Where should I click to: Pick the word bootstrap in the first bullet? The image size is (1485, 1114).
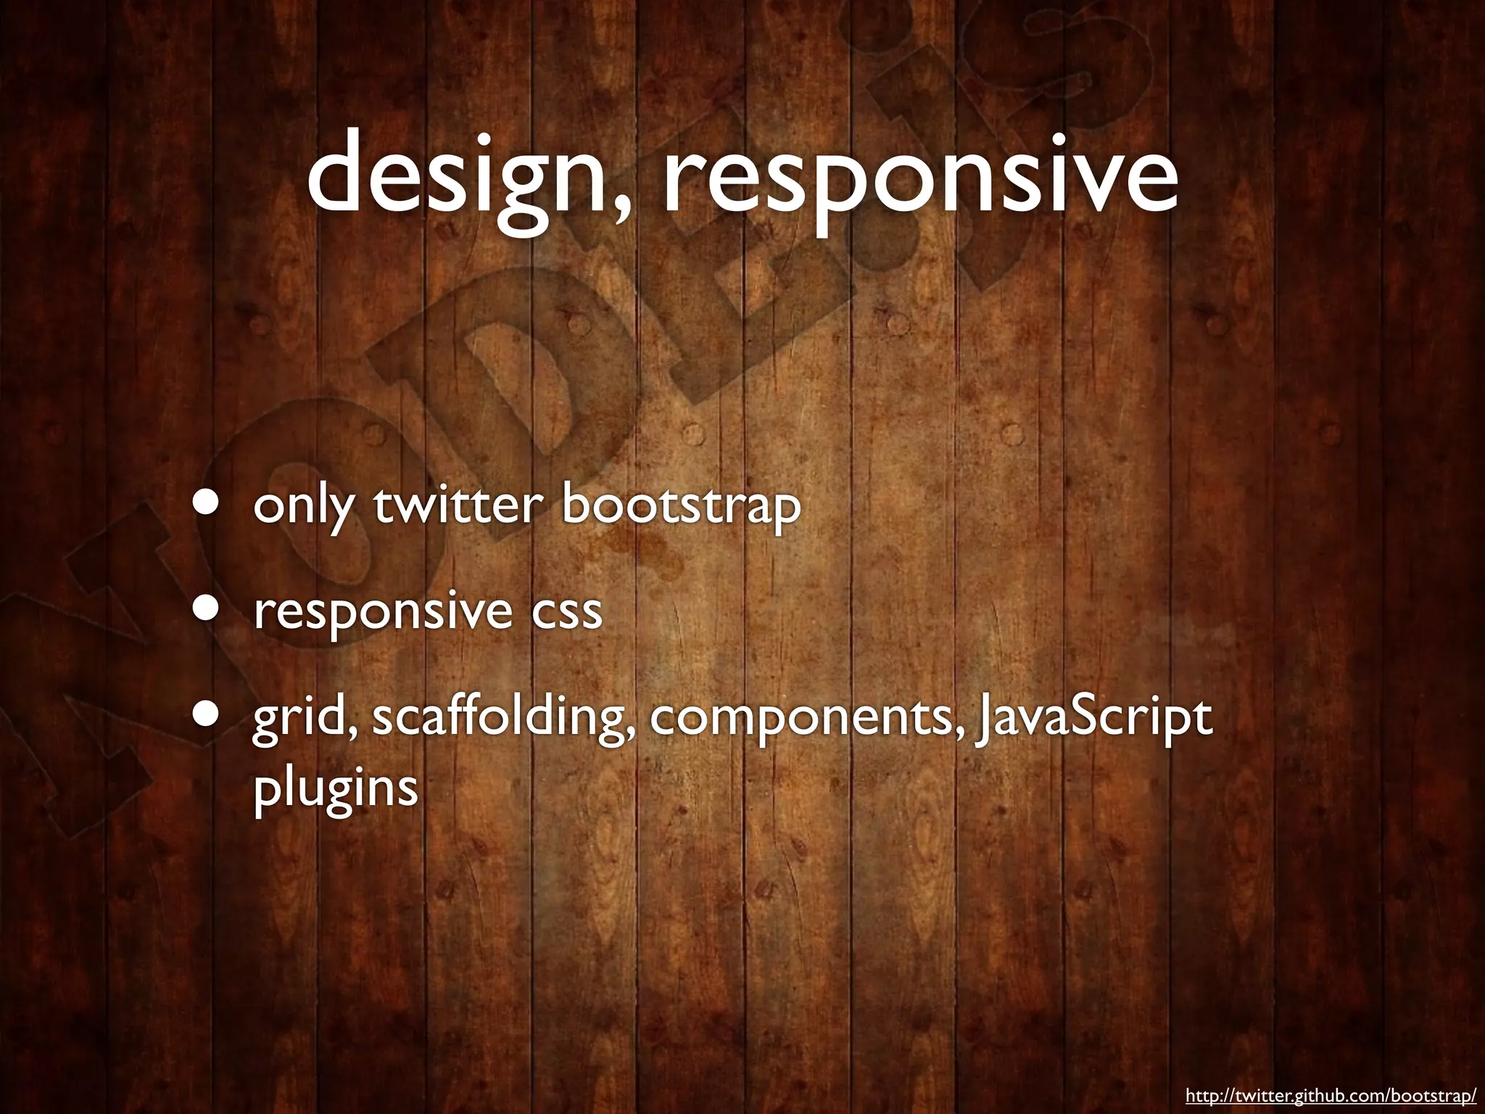click(681, 507)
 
